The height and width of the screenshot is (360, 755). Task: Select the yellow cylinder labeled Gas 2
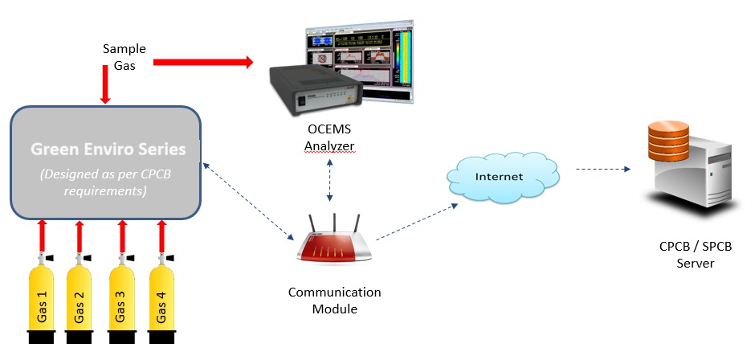(x=80, y=301)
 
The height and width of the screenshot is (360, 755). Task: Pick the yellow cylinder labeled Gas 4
(x=162, y=301)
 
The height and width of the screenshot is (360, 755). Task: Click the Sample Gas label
(x=124, y=57)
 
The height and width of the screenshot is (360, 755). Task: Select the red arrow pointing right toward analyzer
(x=202, y=61)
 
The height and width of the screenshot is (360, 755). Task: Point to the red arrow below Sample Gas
(x=105, y=85)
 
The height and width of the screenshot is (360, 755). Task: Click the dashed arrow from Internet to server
(x=602, y=170)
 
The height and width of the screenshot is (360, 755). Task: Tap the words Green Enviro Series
(x=108, y=149)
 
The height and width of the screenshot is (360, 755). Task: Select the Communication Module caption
(x=334, y=301)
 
